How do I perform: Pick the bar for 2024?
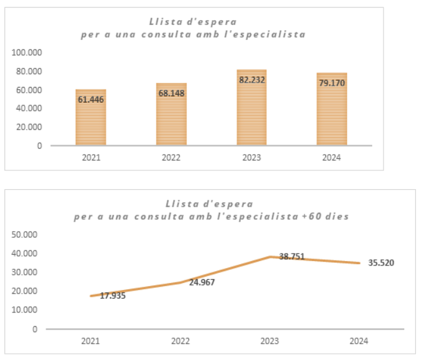[x=332, y=109]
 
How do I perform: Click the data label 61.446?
[x=91, y=100]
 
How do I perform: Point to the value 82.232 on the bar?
[x=251, y=80]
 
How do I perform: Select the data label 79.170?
[x=332, y=83]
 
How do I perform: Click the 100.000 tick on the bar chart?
[x=27, y=53]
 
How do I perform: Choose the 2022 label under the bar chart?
[x=171, y=157]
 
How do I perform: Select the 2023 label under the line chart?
[x=270, y=341]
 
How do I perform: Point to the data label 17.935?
[x=113, y=296]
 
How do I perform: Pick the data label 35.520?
[x=381, y=263]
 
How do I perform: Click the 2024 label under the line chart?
[x=359, y=341]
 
